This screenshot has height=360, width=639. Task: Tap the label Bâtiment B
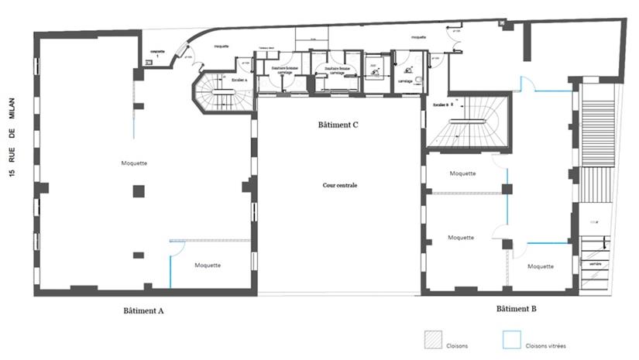tap(516, 308)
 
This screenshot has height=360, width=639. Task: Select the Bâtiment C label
tap(338, 125)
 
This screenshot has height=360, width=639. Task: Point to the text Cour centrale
tap(340, 185)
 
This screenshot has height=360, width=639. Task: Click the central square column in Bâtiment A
tap(138, 190)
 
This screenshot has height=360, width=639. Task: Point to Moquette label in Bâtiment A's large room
tap(135, 163)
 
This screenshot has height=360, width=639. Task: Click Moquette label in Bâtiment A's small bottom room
tap(208, 265)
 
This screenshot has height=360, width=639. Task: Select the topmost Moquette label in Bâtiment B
tap(462, 173)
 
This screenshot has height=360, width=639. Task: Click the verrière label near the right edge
tap(595, 264)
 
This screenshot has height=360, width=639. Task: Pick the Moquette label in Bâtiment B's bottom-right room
tap(540, 266)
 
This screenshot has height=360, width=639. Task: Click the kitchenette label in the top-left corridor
tap(159, 54)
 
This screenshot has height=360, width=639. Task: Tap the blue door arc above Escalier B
tap(527, 84)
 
